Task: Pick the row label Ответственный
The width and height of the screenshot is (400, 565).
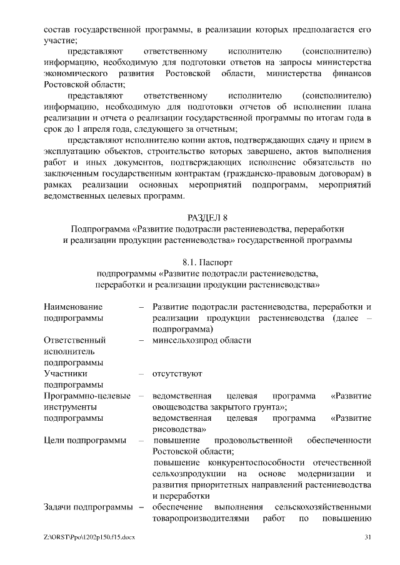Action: (74, 340)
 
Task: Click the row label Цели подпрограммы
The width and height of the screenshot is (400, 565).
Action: (85, 441)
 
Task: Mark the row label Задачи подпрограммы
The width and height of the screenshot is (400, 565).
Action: (88, 507)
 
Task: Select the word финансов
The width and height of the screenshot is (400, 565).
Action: (353, 74)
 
